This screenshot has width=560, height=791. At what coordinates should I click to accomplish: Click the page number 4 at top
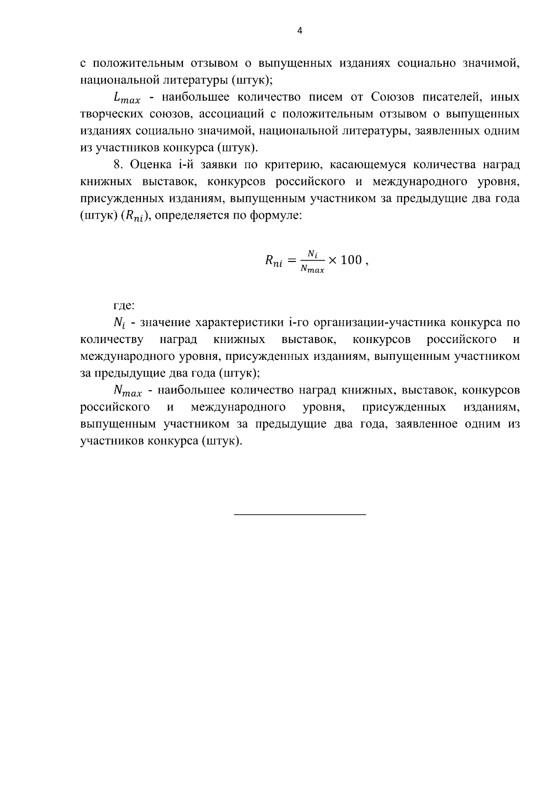pos(300,31)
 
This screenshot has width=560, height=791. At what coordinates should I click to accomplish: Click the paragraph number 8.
pos(118,165)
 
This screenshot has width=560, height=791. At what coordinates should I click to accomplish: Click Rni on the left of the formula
pos(274,261)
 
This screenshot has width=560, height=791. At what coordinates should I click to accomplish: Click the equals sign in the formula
pos(292,261)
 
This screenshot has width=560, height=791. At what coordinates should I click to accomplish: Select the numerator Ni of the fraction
pos(312,254)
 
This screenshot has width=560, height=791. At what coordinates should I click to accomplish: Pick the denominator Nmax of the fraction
pos(312,269)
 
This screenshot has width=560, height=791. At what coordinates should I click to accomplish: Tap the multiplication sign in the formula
pos(332,261)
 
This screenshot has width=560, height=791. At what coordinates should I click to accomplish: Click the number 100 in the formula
pos(351,260)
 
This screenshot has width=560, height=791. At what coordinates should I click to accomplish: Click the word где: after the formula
pos(124,306)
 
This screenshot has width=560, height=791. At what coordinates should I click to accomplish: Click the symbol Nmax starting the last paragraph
pos(127,391)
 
